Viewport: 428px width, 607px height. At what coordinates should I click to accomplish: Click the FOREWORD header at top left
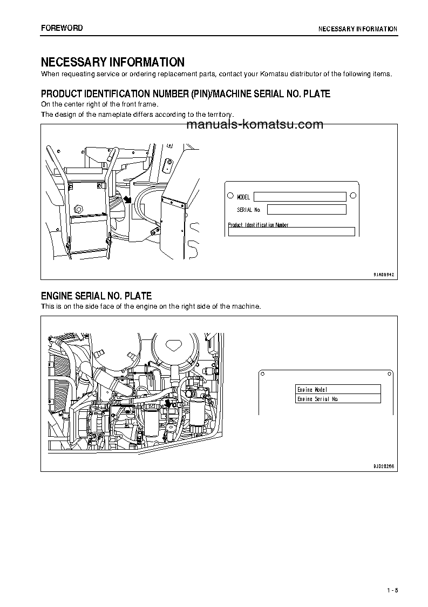[62, 28]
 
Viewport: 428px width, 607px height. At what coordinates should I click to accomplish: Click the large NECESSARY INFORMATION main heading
[113, 62]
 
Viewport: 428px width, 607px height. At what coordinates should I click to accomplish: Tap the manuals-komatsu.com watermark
[254, 125]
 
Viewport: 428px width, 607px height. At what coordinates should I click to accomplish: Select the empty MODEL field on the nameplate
[300, 197]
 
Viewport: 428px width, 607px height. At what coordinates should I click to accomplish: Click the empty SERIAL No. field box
[306, 210]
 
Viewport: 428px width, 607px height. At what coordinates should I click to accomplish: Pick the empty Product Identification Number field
[291, 232]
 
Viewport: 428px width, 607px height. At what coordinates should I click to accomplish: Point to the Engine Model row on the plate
[338, 389]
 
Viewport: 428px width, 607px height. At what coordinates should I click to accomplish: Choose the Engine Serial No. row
[338, 399]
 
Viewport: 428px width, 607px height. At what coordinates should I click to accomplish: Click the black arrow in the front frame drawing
[127, 200]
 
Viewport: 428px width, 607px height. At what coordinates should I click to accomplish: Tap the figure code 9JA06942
[384, 275]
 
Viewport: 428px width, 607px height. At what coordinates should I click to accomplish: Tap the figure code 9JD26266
[384, 465]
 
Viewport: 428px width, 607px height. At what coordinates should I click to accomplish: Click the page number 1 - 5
[392, 590]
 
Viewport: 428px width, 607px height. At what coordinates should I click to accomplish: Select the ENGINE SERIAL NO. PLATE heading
[97, 296]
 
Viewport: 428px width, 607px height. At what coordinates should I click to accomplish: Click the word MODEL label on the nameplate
[243, 197]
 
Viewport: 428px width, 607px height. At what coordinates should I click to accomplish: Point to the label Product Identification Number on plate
[258, 225]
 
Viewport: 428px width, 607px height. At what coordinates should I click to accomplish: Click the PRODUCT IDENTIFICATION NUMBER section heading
[186, 94]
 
